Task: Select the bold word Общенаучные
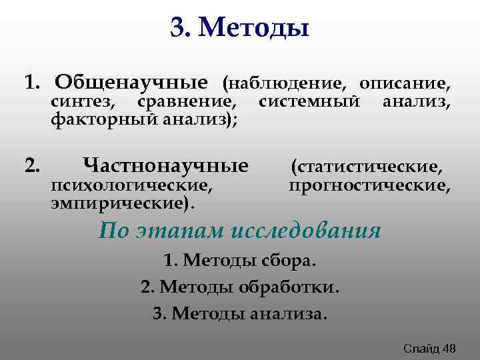coord(131,83)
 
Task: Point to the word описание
coord(404,84)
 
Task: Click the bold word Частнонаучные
coord(165,165)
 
